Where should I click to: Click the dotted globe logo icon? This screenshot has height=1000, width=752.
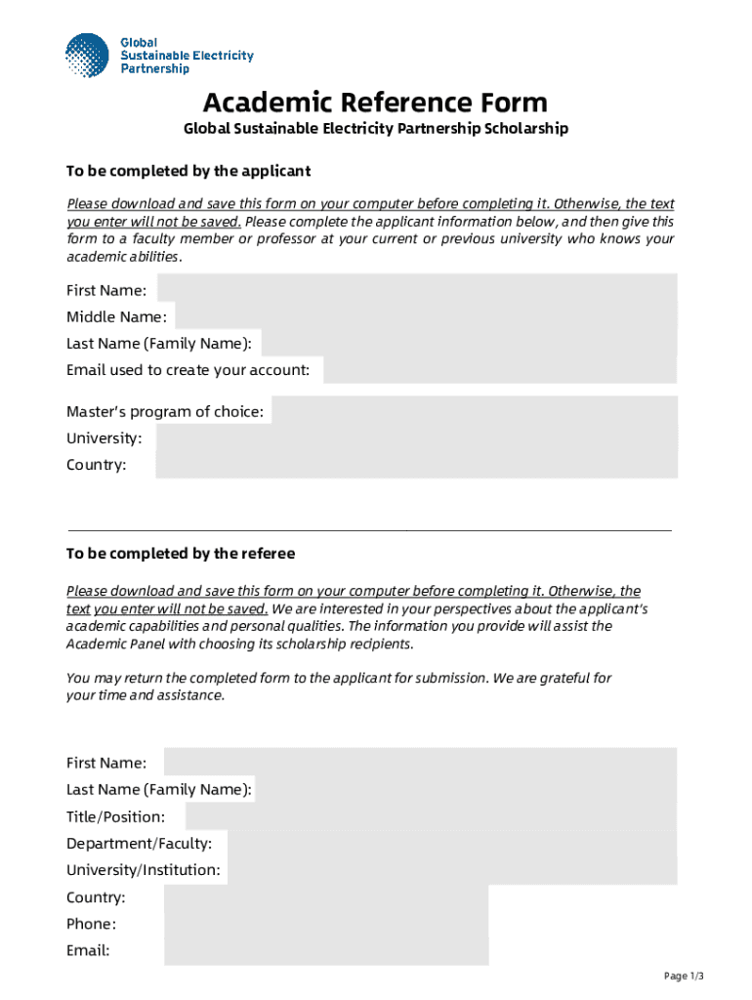[87, 55]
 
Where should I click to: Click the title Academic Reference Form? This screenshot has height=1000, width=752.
[375, 102]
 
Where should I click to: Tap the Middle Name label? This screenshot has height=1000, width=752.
[116, 316]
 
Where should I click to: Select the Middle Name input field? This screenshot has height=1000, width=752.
[426, 316]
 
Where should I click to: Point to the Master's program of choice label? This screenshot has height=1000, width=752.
[165, 412]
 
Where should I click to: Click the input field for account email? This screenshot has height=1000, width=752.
[500, 370]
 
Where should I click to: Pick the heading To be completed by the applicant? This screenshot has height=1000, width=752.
[188, 171]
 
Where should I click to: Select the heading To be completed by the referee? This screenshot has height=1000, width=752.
[181, 554]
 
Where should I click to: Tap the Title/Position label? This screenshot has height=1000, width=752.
[115, 816]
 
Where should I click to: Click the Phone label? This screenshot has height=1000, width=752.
[91, 924]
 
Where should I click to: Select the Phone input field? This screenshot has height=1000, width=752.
[325, 924]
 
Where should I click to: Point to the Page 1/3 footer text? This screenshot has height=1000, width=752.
[684, 976]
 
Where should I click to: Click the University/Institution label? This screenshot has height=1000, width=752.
[144, 870]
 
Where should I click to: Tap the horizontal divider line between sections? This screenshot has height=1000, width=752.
[369, 530]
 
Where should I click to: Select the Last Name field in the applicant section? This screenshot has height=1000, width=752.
[469, 343]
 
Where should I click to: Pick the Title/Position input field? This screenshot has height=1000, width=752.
[431, 816]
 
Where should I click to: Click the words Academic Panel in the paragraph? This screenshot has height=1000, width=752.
[111, 645]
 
